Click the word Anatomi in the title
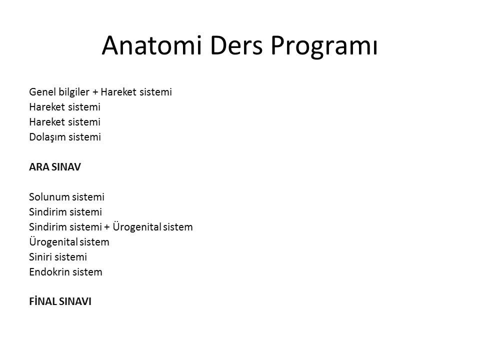point(152,45)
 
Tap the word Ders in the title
point(236,45)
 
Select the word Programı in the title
point(324,46)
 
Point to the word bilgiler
point(74,92)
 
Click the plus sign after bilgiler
point(95,92)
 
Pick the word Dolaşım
point(47,137)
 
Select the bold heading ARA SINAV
point(55,167)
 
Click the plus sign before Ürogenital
point(107,227)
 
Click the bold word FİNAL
point(43,301)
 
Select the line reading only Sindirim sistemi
point(65,212)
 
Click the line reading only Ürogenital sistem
point(69,241)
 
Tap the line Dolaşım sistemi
point(65,137)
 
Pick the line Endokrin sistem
point(66,272)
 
